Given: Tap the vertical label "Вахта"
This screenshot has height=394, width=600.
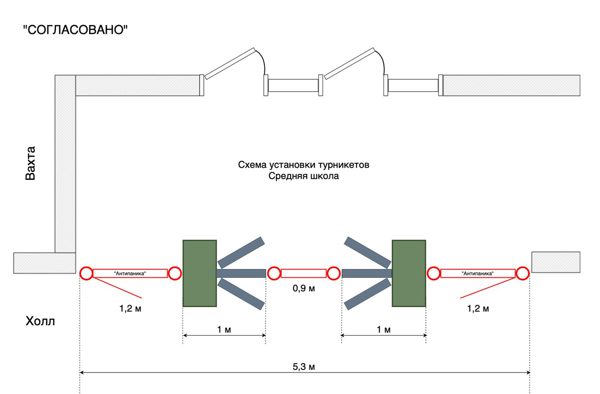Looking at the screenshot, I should pyautogui.click(x=31, y=163).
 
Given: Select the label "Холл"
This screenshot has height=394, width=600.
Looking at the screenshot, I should pyautogui.click(x=40, y=321).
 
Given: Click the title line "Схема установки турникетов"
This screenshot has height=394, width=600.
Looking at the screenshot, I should pyautogui.click(x=303, y=165).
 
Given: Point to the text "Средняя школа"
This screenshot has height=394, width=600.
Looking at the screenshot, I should pyautogui.click(x=303, y=176).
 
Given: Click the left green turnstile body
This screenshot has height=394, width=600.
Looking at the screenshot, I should pyautogui.click(x=199, y=273).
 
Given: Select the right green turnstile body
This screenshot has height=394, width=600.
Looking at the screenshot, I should pyautogui.click(x=408, y=273).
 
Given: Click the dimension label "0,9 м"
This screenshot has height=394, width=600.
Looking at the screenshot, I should pyautogui.click(x=304, y=289).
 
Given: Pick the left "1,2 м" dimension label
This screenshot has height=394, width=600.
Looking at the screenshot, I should pyautogui.click(x=128, y=309).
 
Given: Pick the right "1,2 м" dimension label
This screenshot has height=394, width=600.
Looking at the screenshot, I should pyautogui.click(x=477, y=309).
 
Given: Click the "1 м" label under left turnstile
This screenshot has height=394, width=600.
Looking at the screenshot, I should pyautogui.click(x=223, y=330).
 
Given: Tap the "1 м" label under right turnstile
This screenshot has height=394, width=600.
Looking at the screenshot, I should pyautogui.click(x=383, y=330).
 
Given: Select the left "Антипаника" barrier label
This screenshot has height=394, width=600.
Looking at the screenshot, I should pyautogui.click(x=129, y=273).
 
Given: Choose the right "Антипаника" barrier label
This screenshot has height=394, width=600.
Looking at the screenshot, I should pyautogui.click(x=478, y=273).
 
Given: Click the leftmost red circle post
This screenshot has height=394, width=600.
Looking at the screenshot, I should pyautogui.click(x=86, y=273).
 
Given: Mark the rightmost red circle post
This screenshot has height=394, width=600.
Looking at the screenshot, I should pyautogui.click(x=522, y=273).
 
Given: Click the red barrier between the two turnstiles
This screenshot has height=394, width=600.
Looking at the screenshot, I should pyautogui.click(x=303, y=273).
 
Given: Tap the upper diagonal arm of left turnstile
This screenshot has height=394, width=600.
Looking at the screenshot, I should pyautogui.click(x=241, y=252).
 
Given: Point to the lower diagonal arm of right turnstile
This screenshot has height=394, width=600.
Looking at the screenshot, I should pyautogui.click(x=367, y=294).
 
